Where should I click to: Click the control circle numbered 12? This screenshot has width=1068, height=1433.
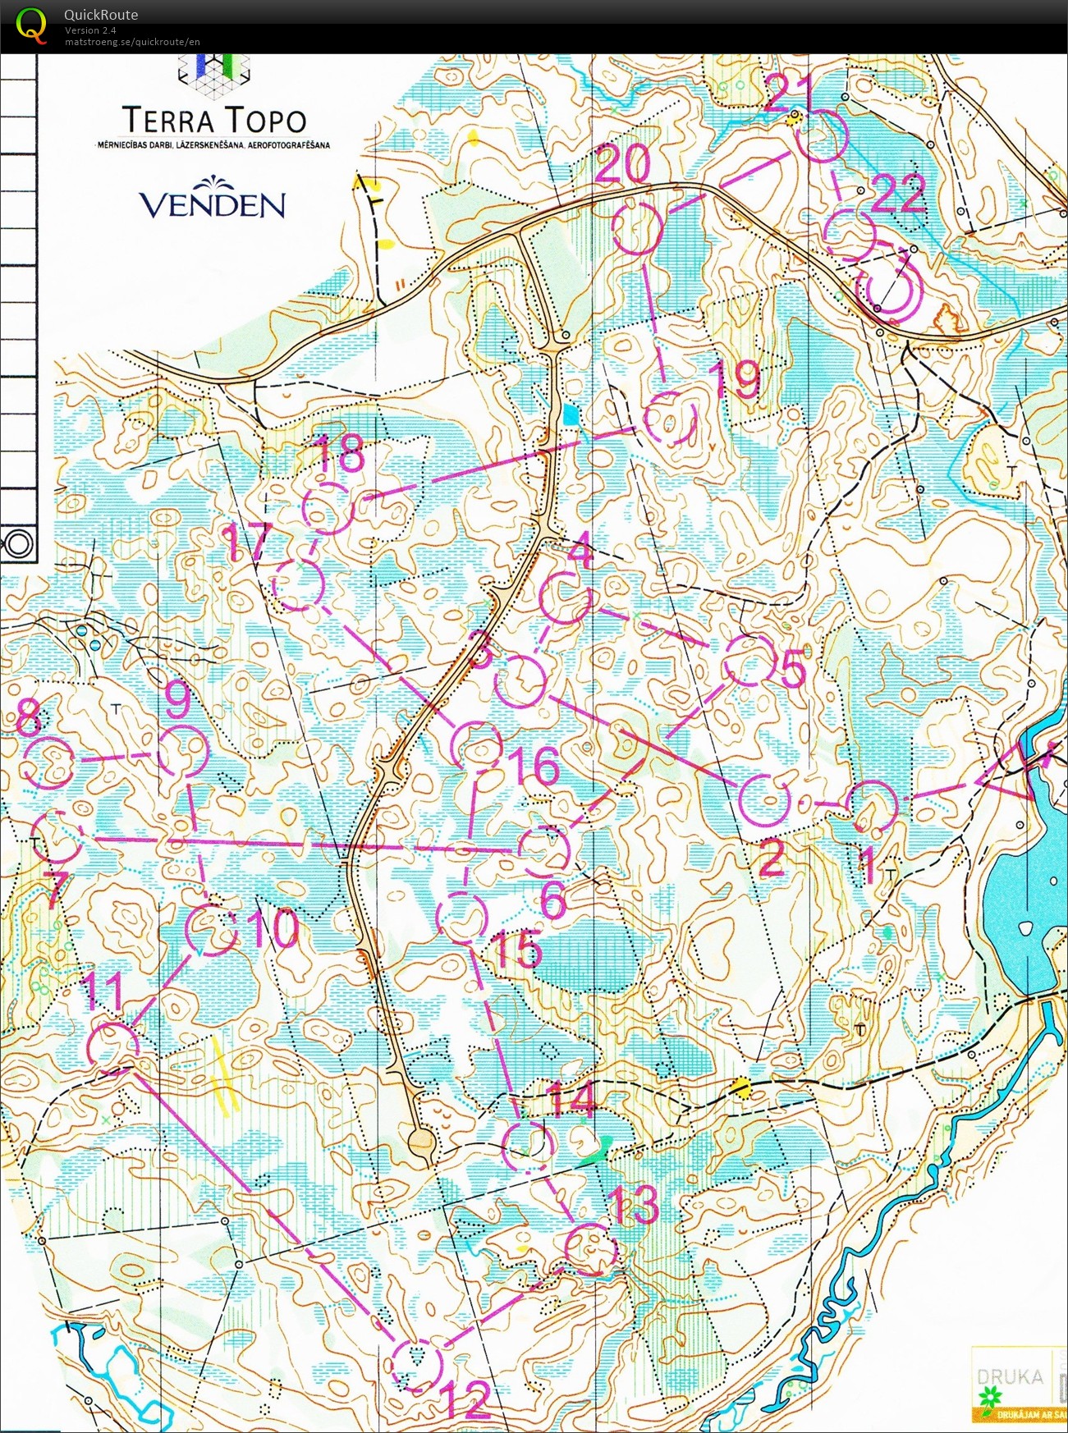417,1364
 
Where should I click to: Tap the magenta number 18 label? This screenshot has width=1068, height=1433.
339,454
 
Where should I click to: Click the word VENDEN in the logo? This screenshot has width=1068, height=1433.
212,204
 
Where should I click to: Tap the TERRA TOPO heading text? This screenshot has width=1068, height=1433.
214,121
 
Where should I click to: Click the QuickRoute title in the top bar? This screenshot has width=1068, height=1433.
101,14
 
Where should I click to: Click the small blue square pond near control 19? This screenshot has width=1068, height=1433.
570,414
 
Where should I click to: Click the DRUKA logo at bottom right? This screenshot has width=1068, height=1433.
1011,1376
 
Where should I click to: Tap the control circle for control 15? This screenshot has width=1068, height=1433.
461,917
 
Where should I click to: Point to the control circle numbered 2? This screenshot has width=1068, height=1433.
764,799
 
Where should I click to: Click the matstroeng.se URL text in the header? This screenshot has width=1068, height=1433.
132,42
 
